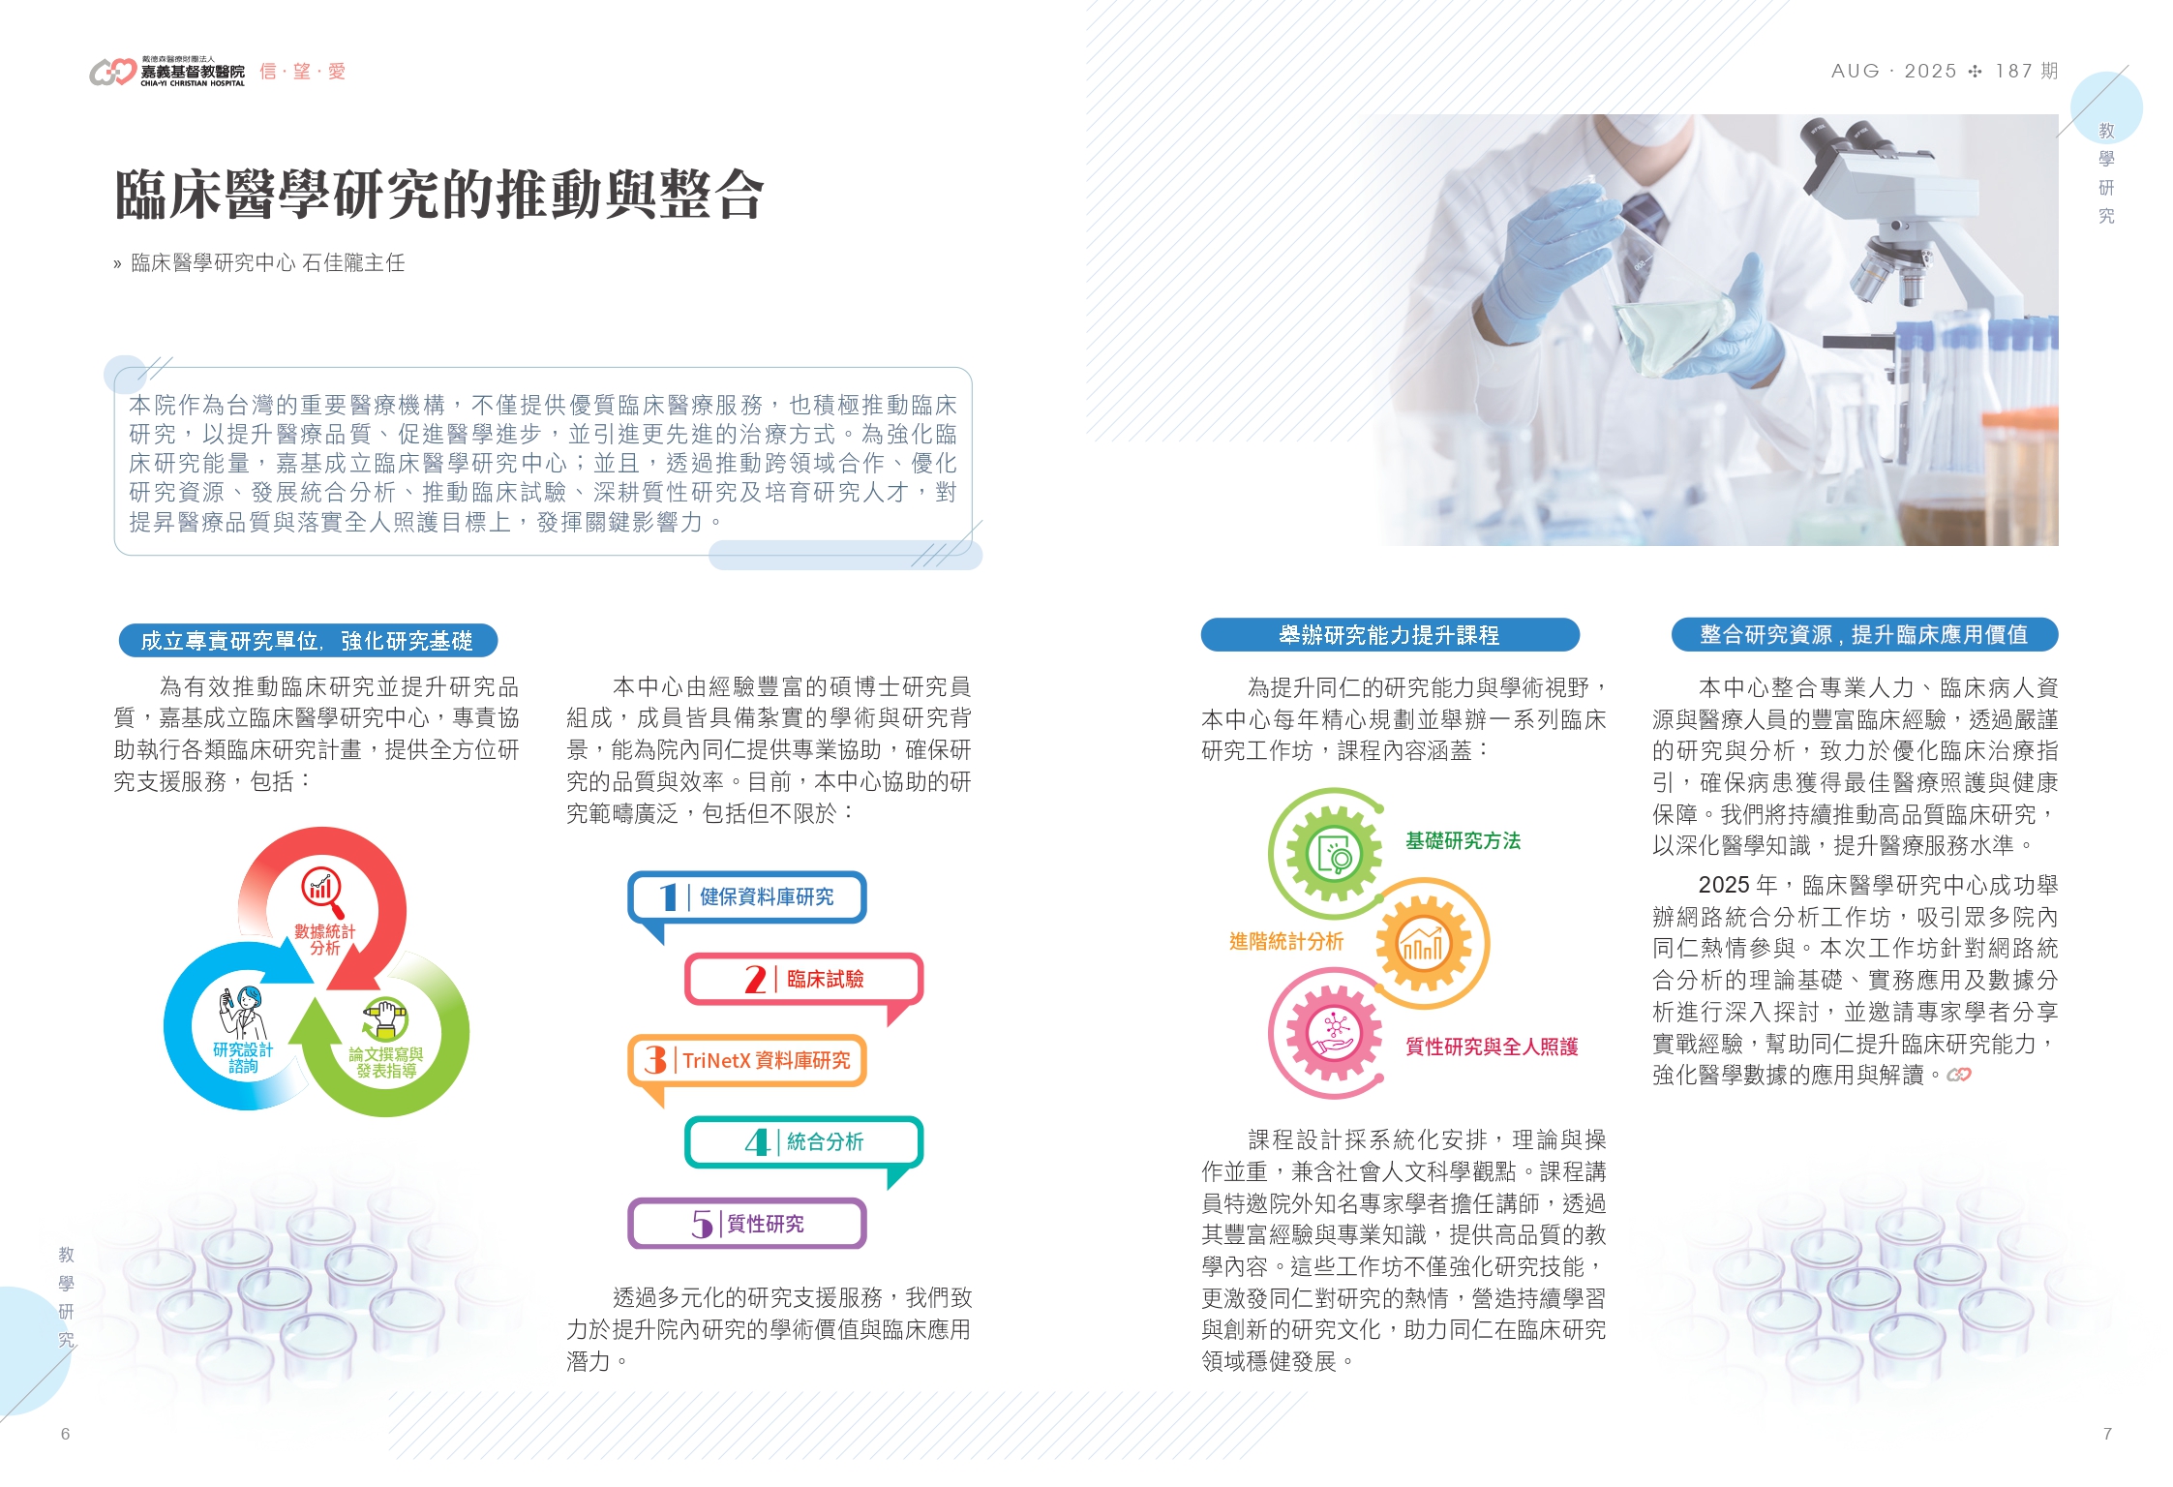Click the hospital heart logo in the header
pyautogui.click(x=112, y=72)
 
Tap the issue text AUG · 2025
pyautogui.click(x=1893, y=71)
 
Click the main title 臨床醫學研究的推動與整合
pyautogui.click(x=439, y=194)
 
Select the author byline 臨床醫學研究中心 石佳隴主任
pyautogui.click(x=267, y=263)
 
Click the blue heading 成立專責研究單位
pyautogui.click(x=308, y=640)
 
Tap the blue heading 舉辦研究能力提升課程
pyautogui.click(x=1389, y=635)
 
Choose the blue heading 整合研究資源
pyautogui.click(x=1864, y=635)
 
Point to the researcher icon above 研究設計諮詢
pyautogui.click(x=242, y=1012)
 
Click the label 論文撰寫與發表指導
pyautogui.click(x=386, y=1062)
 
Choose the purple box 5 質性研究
pyautogui.click(x=746, y=1224)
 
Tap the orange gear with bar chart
pyautogui.click(x=1423, y=943)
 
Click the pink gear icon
pyautogui.click(x=1334, y=1033)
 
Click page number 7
pyautogui.click(x=2107, y=1434)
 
